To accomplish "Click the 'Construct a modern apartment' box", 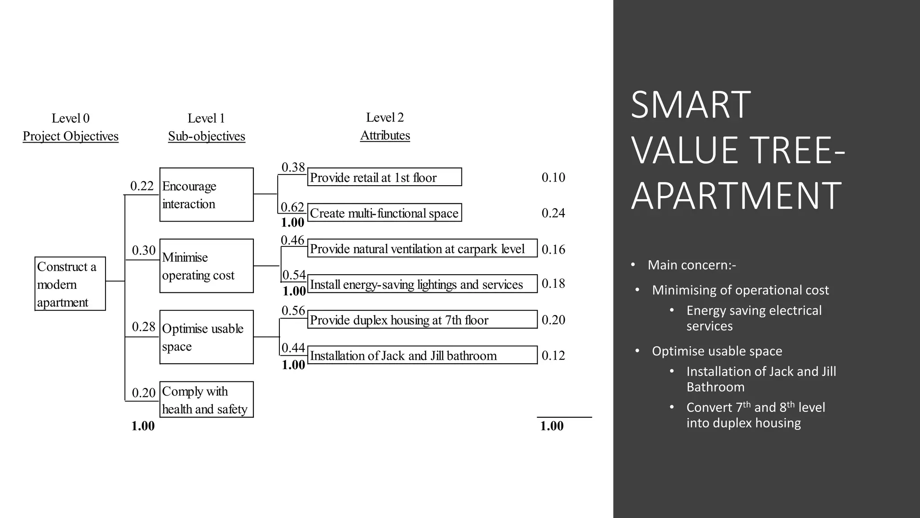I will [x=70, y=284].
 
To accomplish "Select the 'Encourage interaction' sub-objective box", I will [x=206, y=195].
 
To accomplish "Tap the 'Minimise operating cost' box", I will [x=206, y=266].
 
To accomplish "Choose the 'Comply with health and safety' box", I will [x=206, y=400].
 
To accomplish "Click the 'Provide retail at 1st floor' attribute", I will [x=385, y=177].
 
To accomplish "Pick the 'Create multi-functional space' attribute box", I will [x=385, y=213].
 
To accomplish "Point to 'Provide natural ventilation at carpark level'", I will [x=422, y=249].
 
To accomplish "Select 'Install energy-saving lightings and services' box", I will [x=422, y=284].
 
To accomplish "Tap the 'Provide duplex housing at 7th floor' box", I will [x=422, y=320].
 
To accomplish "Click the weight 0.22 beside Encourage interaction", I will [x=142, y=186].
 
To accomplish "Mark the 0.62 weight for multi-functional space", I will [x=292, y=207].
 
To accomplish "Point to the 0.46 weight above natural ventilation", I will [x=292, y=240].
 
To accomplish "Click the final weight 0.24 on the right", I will [x=553, y=213].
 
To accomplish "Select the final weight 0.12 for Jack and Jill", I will [x=553, y=355].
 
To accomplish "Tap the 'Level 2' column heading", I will [x=385, y=117].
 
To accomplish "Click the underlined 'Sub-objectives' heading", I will [x=207, y=136].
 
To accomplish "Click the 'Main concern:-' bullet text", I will [x=692, y=265].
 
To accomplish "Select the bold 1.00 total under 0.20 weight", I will [x=143, y=426].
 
